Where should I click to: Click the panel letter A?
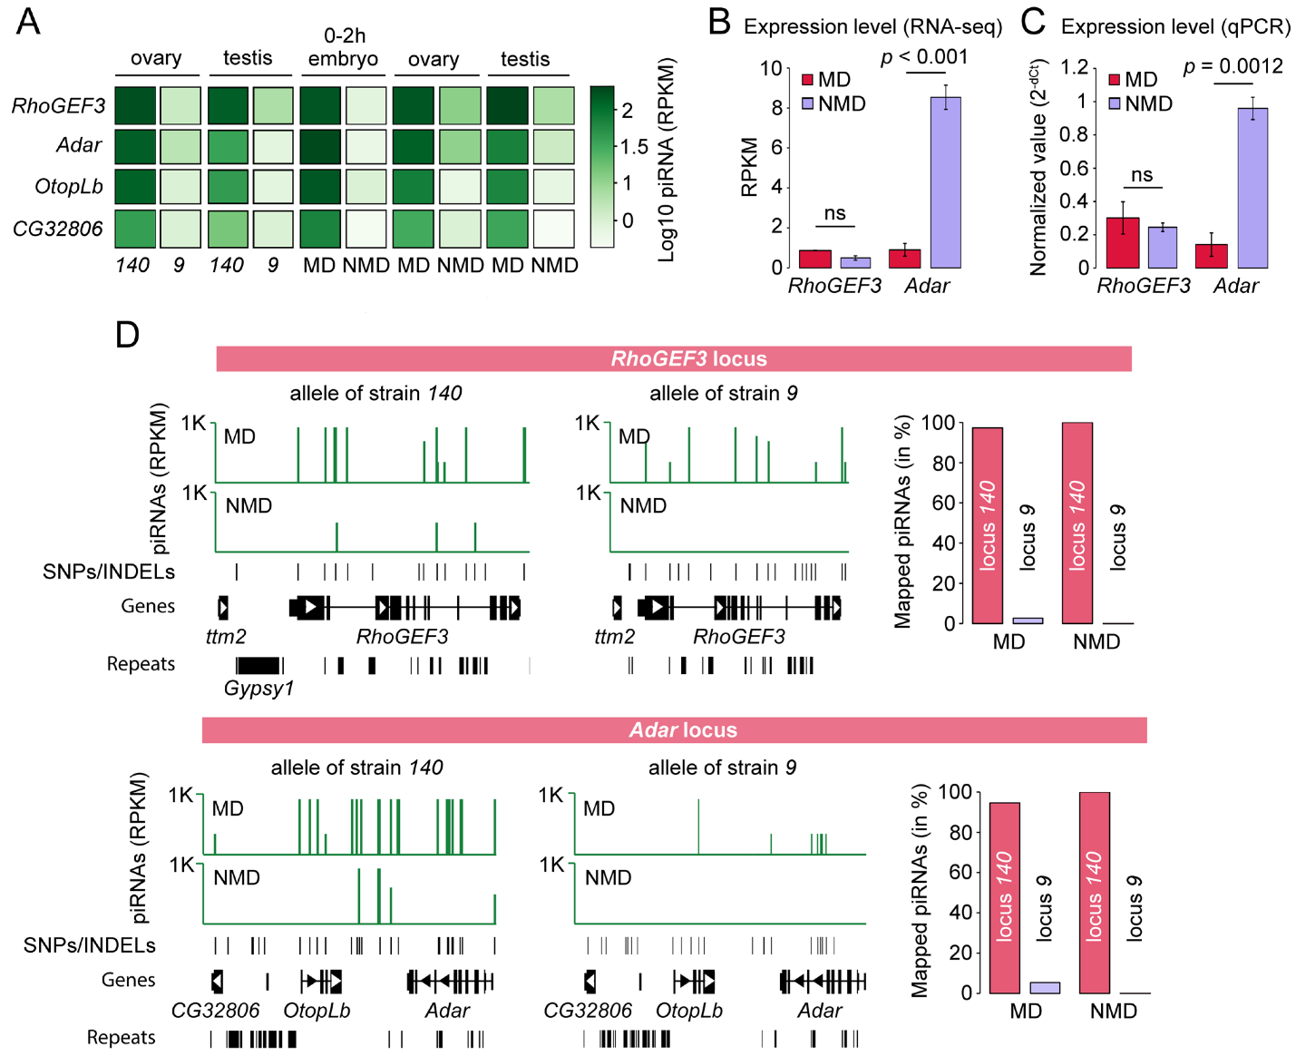28,21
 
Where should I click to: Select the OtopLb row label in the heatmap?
69,187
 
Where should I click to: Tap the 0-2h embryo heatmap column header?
343,47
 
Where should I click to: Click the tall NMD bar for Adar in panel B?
946,181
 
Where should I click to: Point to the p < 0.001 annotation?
924,56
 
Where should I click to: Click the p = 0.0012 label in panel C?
1233,66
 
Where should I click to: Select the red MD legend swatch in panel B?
807,81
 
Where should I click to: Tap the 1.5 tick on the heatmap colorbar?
634,146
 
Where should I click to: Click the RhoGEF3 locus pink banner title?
688,358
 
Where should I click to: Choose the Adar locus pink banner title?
683,730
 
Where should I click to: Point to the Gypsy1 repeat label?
259,689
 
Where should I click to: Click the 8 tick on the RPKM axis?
776,108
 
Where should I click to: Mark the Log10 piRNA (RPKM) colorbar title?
667,161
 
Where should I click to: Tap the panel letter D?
127,335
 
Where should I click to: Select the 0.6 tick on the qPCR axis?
1075,168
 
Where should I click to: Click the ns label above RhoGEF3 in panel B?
834,213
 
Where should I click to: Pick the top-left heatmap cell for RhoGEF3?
135,105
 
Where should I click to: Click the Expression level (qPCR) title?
1175,27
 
